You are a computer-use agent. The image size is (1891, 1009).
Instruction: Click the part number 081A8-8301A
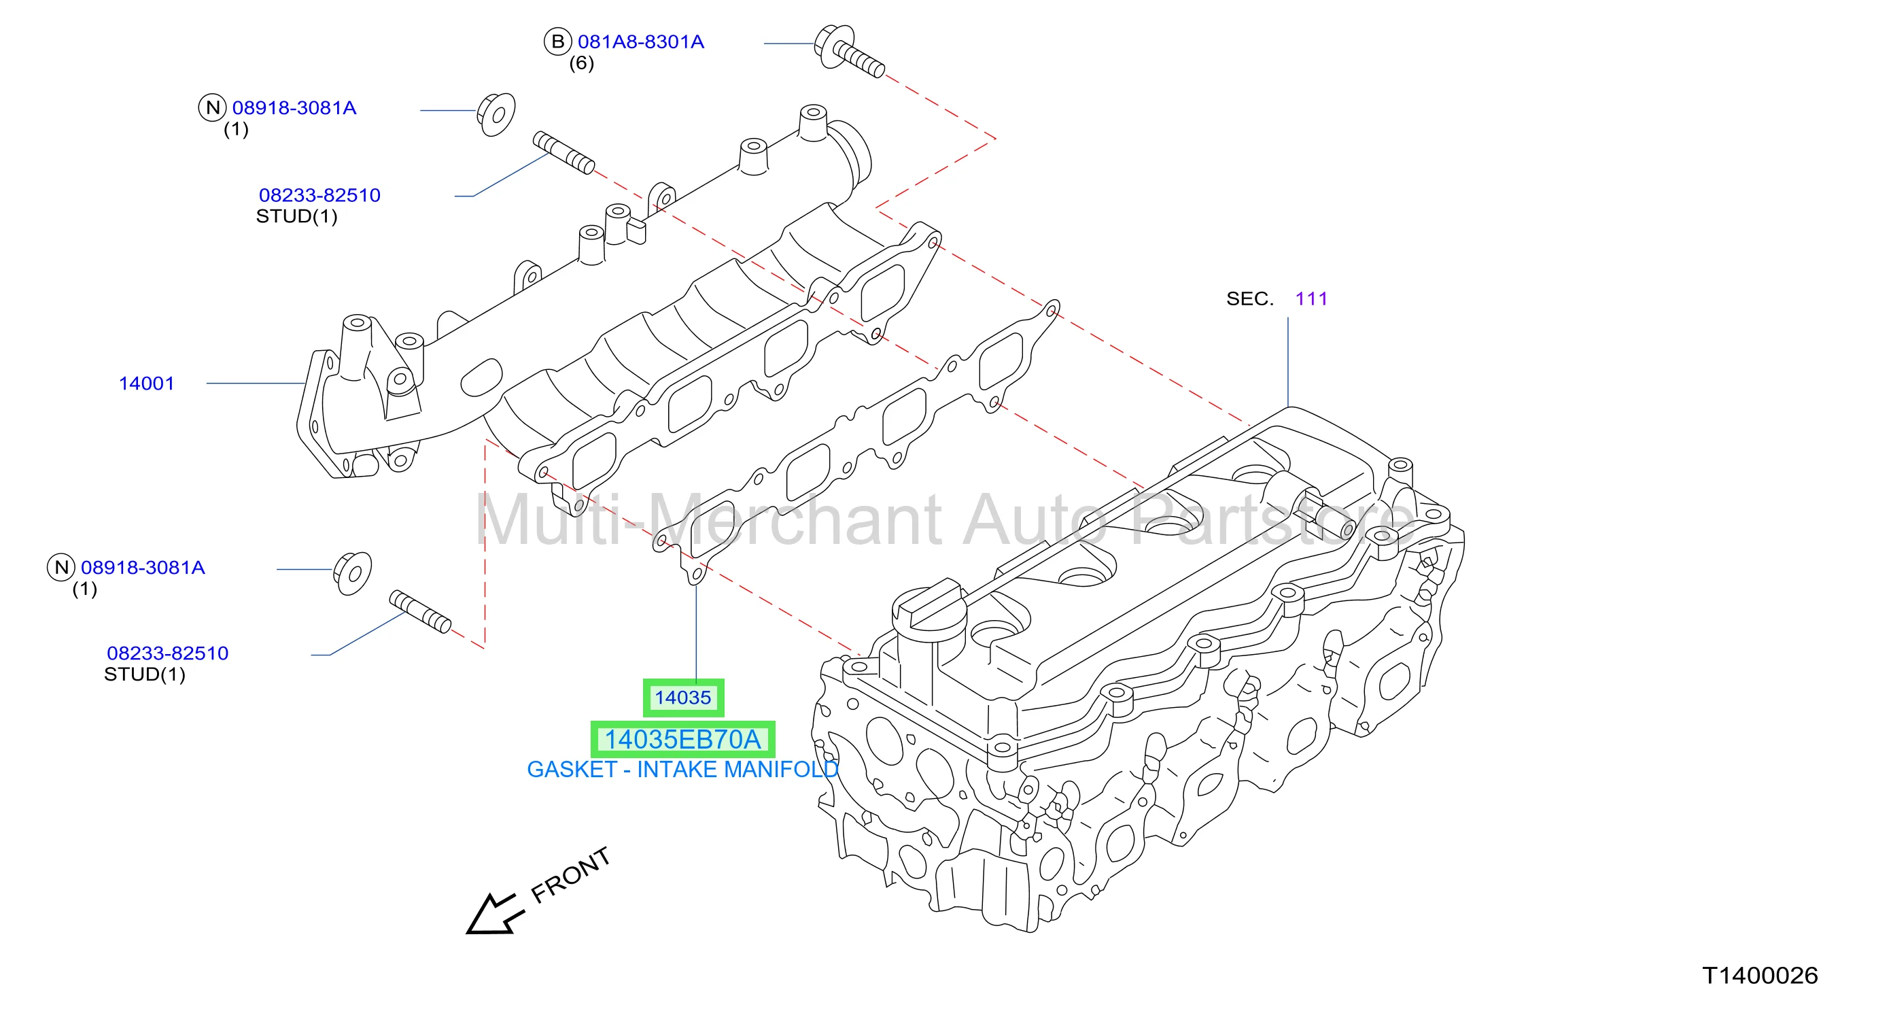pos(640,42)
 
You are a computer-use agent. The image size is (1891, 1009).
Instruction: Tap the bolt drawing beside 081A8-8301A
pos(850,51)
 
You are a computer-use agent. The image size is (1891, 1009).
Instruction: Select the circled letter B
pos(557,42)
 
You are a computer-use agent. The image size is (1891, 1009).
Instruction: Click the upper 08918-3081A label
pos(294,108)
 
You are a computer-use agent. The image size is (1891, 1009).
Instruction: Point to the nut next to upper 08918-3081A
pos(496,114)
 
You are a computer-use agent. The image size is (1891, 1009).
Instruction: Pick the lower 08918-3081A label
pos(143,568)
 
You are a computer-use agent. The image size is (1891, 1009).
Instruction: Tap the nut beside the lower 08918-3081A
pos(352,574)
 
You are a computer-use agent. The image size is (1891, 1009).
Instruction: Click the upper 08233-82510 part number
pos(319,195)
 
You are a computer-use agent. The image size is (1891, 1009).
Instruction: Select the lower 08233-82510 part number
pos(167,653)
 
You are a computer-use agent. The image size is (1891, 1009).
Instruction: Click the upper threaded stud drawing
pos(563,153)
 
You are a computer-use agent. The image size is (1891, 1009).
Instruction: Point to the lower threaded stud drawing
pos(420,612)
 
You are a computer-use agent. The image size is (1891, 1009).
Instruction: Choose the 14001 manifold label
pos(146,383)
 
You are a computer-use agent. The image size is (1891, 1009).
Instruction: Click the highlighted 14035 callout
pos(682,698)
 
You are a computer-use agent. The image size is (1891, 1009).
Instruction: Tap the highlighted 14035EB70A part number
pos(682,740)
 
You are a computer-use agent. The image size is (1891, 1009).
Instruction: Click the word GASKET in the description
pos(572,770)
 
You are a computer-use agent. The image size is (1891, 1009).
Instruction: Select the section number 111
pos(1311,299)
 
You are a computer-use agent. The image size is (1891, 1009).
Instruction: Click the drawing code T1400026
pos(1760,976)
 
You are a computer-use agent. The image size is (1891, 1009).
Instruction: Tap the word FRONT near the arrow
pos(570,874)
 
